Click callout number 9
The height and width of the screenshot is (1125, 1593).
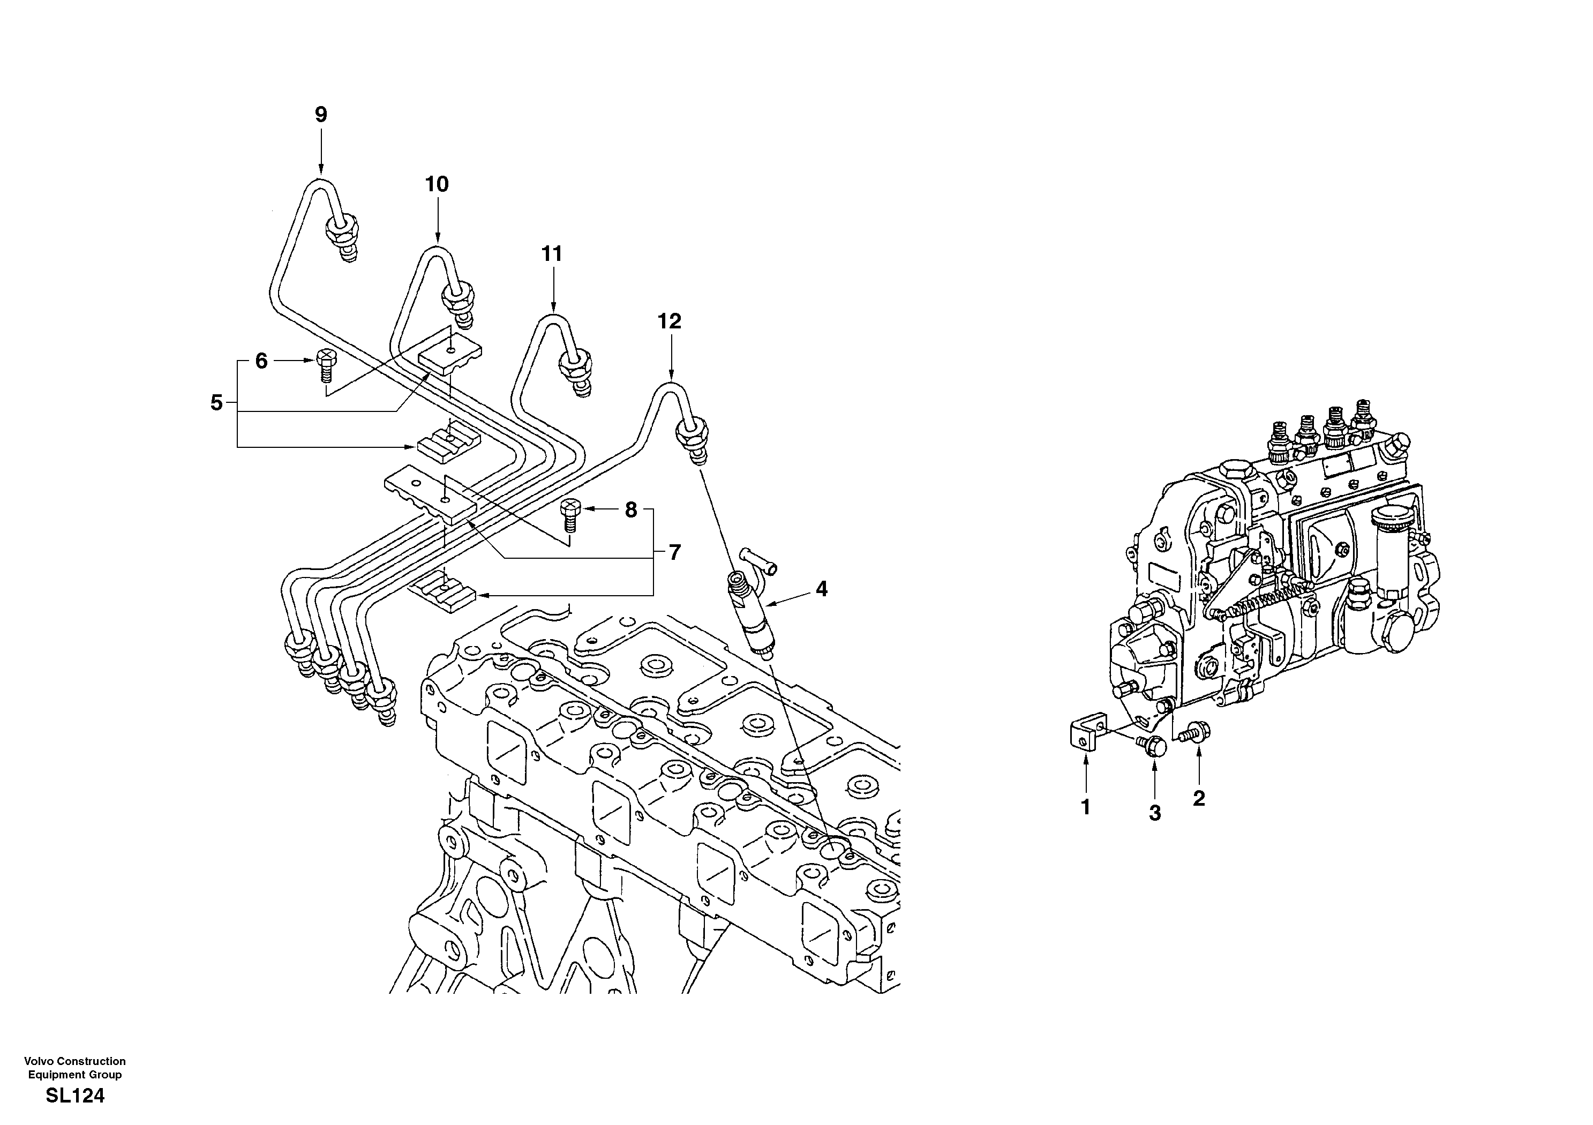pos(320,115)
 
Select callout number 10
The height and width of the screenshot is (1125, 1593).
pos(437,185)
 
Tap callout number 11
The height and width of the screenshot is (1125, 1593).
pos(552,254)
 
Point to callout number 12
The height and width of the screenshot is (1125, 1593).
pos(670,321)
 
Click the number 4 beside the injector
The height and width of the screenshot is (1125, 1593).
pos(822,589)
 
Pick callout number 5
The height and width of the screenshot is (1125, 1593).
pos(216,402)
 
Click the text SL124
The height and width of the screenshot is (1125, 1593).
pos(75,1097)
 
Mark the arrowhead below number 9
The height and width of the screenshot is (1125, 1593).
pos(320,169)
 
